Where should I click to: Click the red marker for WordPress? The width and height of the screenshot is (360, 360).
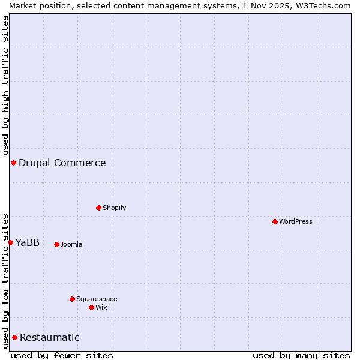point(275,221)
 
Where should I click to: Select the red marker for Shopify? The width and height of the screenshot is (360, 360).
point(98,208)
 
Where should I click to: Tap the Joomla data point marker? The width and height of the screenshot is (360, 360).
point(56,244)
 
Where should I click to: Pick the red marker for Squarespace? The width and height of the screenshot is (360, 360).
point(72,299)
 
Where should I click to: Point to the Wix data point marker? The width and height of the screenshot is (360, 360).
point(91,307)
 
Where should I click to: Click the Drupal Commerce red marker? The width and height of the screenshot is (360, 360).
point(13,163)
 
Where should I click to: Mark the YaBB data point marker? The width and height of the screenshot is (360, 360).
point(10,242)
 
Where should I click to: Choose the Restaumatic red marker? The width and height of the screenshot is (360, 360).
point(14,337)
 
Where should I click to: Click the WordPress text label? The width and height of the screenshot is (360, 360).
point(296,221)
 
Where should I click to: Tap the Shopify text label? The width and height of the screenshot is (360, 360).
point(115,208)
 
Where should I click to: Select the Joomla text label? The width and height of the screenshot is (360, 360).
point(71,244)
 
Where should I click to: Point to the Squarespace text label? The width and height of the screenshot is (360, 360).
point(97,299)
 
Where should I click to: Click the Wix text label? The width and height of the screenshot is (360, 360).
point(101,307)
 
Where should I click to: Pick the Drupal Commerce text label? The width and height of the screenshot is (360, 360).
point(62,163)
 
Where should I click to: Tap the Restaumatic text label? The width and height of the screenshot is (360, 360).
point(50,337)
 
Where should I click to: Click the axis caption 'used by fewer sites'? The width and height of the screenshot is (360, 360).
point(62,355)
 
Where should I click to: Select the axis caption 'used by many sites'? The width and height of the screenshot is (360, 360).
point(301,355)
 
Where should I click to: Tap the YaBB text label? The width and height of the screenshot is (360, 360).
point(28,242)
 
